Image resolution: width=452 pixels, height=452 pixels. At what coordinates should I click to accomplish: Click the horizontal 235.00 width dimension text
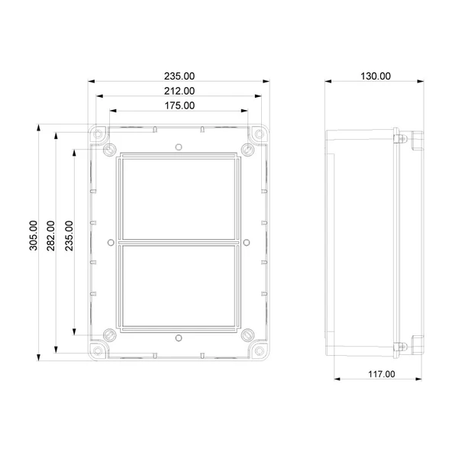point(179,76)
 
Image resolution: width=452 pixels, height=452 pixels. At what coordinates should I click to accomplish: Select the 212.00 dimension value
point(179,91)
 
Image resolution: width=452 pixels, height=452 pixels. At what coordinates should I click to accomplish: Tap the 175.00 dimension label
point(179,105)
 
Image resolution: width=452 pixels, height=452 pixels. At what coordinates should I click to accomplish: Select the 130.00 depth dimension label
point(375,76)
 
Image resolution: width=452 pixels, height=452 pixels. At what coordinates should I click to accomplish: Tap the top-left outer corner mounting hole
point(98,134)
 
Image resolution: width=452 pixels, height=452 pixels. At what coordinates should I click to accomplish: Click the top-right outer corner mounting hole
point(259,134)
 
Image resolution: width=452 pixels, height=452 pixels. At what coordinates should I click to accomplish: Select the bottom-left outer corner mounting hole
point(98,350)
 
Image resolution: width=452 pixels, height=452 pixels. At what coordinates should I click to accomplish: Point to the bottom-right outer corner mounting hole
point(259,350)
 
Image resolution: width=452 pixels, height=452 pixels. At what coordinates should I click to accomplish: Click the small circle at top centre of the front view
point(178,146)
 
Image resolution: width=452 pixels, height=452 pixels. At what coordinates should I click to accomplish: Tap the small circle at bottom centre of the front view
point(178,337)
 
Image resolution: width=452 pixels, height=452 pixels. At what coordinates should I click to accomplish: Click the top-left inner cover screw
point(110,148)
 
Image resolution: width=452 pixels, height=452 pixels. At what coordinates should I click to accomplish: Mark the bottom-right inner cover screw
point(247,334)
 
